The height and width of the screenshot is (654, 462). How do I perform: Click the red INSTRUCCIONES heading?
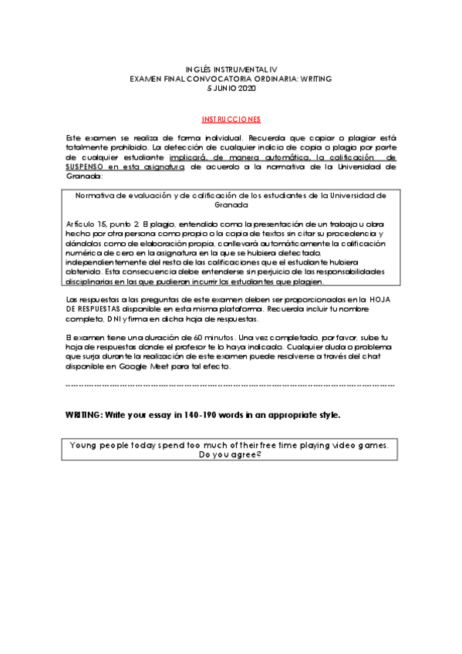(x=231, y=120)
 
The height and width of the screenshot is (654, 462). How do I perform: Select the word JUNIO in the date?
(x=225, y=89)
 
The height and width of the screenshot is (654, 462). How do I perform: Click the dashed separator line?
(x=231, y=384)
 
